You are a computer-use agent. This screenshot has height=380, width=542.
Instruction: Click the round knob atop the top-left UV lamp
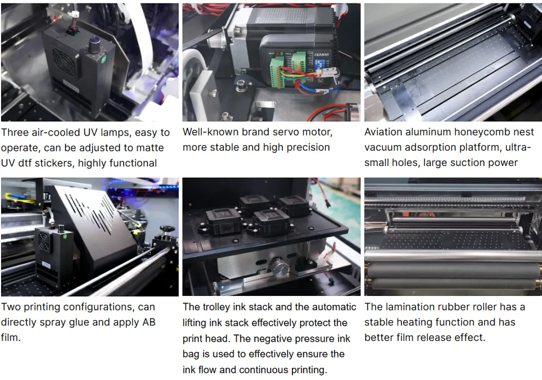coord(95,45)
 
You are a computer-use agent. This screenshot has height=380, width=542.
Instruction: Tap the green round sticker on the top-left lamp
coord(104,59)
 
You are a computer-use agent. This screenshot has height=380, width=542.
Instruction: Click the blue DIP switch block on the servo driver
coord(318,64)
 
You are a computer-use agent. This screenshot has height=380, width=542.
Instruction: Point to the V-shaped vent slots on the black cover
coord(90,211)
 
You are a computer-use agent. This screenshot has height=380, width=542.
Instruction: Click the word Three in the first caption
coord(15,133)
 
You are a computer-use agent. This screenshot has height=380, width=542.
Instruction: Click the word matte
coord(150,148)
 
